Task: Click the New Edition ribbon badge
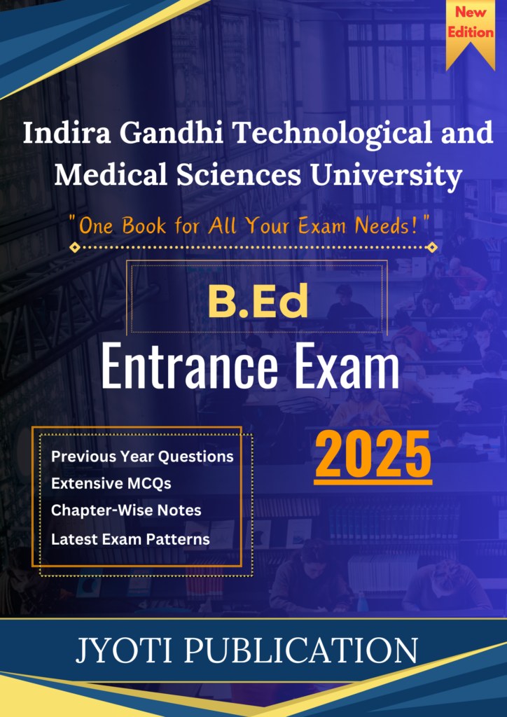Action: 471,34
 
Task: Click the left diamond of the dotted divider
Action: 76,248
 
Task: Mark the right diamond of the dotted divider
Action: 431,248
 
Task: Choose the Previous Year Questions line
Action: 142,457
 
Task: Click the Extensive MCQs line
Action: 111,484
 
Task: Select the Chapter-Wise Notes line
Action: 126,510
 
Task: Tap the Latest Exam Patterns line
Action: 130,540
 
